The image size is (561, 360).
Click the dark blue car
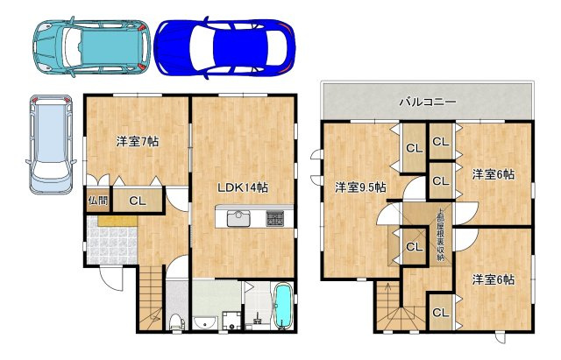(x=224, y=47)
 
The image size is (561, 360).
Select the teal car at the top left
(x=91, y=46)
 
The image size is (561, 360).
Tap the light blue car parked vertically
(x=51, y=144)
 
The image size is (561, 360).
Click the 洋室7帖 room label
(x=138, y=142)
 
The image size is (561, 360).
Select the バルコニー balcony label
(x=428, y=102)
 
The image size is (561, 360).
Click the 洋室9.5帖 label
(x=360, y=187)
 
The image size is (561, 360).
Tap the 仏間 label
(x=97, y=201)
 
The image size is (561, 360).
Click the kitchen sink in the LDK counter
(x=239, y=218)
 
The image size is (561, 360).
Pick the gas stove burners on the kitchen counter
(x=274, y=218)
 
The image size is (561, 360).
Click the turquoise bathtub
(x=283, y=306)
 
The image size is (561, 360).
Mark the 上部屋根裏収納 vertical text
(x=440, y=235)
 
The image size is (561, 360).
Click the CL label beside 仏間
(x=138, y=201)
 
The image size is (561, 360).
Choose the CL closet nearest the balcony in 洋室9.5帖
(x=415, y=148)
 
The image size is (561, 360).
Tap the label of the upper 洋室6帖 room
(x=494, y=174)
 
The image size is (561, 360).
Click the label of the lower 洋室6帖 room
(x=494, y=279)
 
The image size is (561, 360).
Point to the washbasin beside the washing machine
(x=205, y=322)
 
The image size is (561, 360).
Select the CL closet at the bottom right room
(x=440, y=313)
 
